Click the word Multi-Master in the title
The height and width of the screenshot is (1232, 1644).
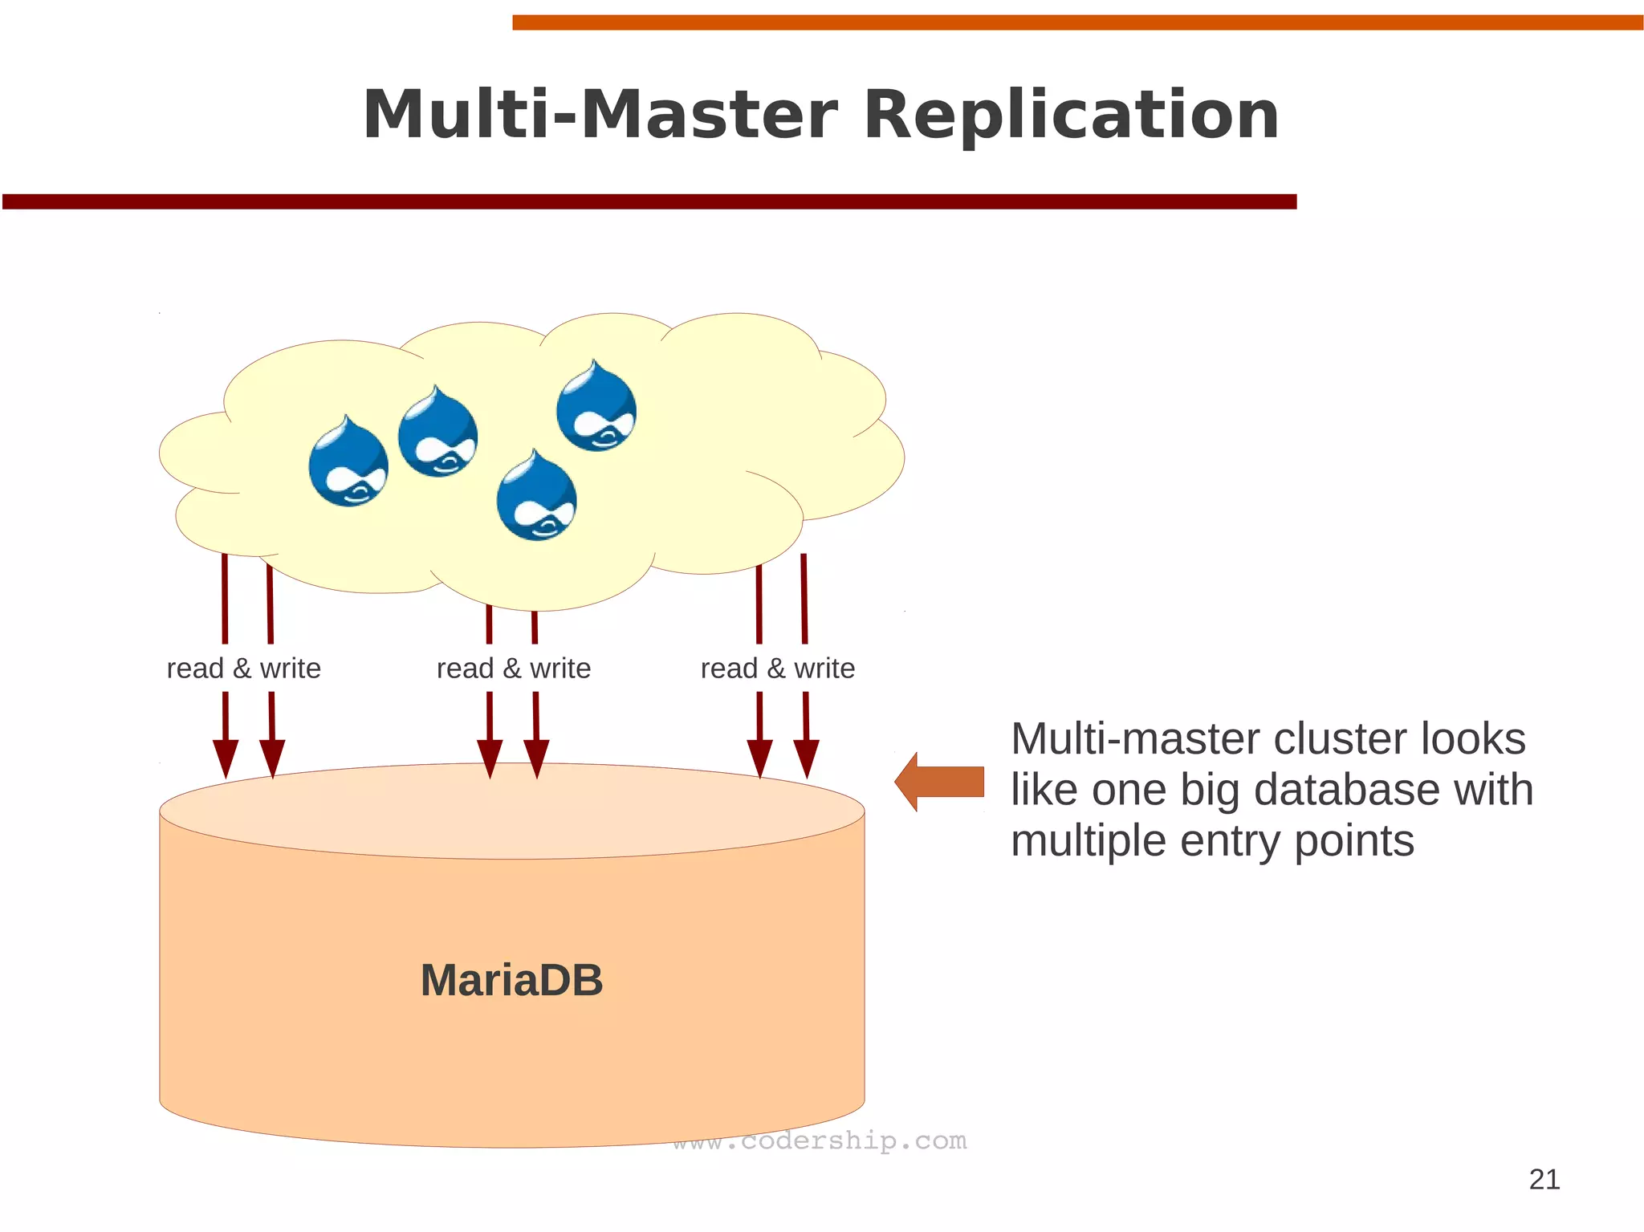pyautogui.click(x=600, y=115)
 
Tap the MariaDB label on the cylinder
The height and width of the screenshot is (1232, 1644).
pyautogui.click(x=511, y=980)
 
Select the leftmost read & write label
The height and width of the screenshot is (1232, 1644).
pyautogui.click(x=243, y=668)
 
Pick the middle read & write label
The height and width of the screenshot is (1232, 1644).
pyautogui.click(x=513, y=668)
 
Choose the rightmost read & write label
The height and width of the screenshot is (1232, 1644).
pyautogui.click(x=777, y=668)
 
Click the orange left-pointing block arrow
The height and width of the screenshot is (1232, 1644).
pyautogui.click(x=939, y=782)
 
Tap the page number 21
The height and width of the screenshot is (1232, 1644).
pyautogui.click(x=1544, y=1179)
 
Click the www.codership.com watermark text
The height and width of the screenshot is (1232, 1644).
pyautogui.click(x=820, y=1141)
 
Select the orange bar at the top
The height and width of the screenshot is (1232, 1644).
pyautogui.click(x=1076, y=22)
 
